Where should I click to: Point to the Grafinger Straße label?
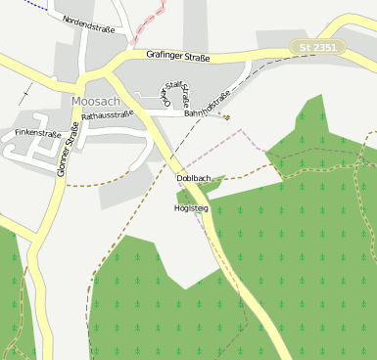(179, 56)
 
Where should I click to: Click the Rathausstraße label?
(108, 115)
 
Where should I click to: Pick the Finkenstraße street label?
(38, 132)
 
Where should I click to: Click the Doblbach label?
(193, 178)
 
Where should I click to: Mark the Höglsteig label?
(191, 208)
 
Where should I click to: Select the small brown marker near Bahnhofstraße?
(226, 117)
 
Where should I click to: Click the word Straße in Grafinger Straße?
(196, 56)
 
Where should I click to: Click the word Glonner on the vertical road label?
(65, 164)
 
